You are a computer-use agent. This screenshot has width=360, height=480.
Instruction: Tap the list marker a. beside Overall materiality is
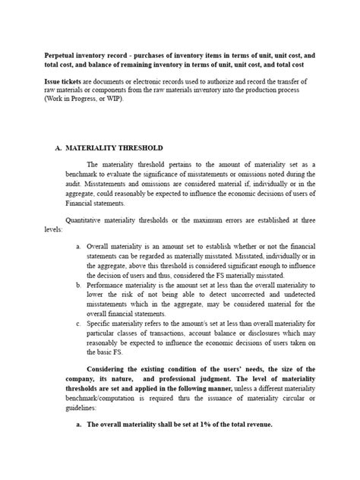click(x=79, y=248)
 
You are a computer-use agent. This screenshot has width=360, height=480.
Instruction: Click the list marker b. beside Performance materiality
click(x=79, y=284)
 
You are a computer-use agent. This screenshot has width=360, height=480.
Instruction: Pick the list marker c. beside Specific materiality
click(x=79, y=321)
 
